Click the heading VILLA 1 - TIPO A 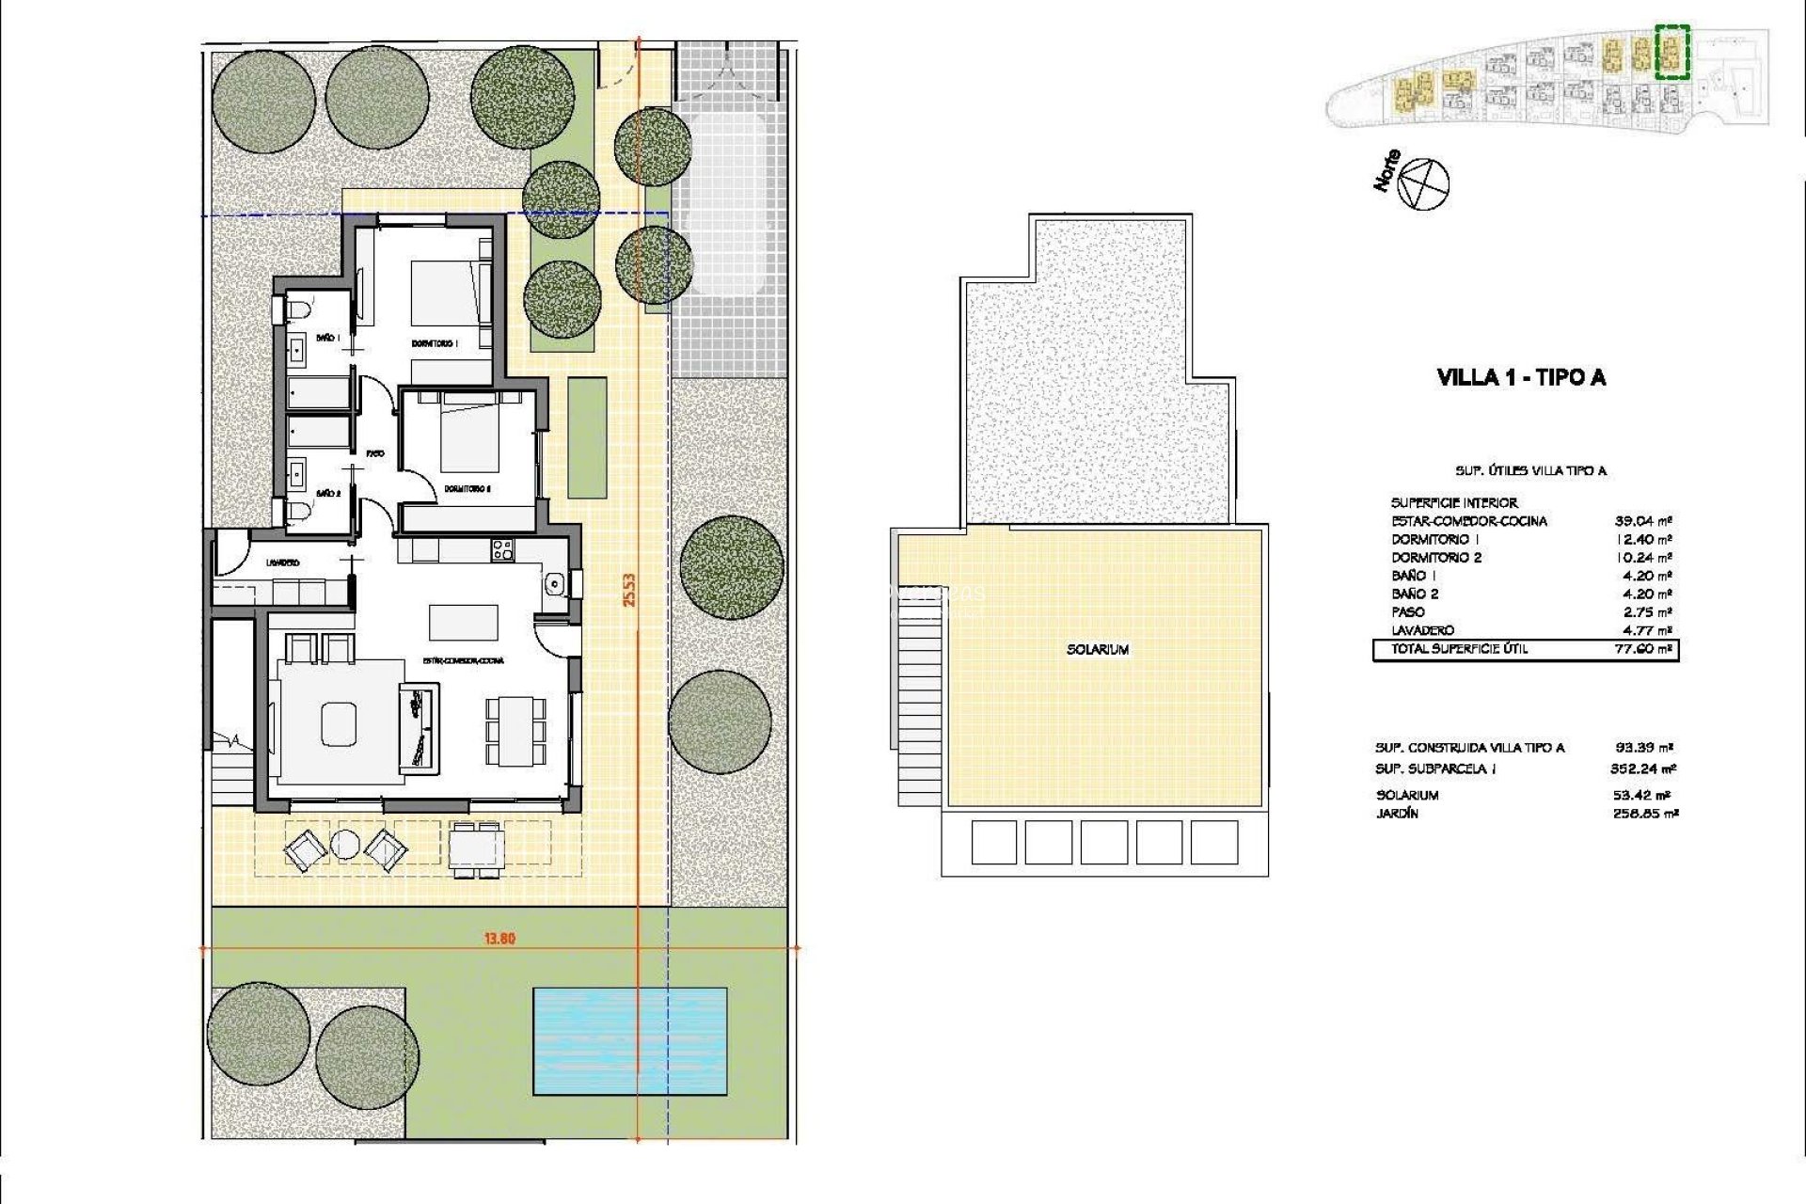coord(1521,378)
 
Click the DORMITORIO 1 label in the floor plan coord(434,343)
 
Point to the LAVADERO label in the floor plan coord(282,562)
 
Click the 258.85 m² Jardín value coord(1644,814)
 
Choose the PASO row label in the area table coord(1408,612)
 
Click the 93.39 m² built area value coord(1644,749)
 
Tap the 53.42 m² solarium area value coord(1644,796)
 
